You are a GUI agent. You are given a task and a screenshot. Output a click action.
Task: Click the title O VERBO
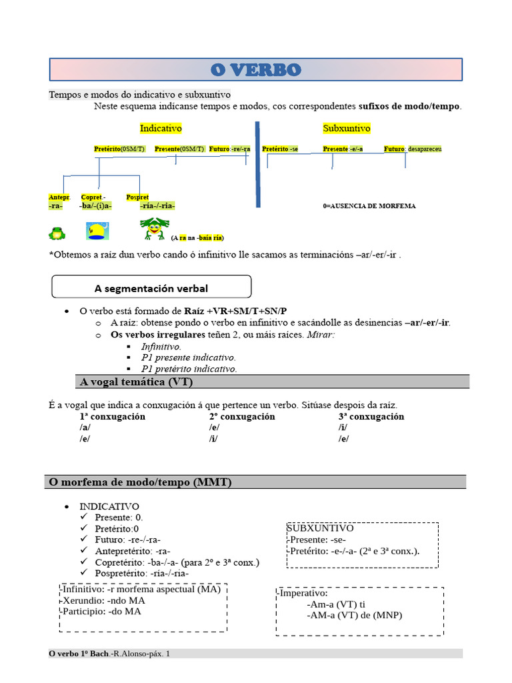256,69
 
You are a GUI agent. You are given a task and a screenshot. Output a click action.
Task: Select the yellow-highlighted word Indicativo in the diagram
161,128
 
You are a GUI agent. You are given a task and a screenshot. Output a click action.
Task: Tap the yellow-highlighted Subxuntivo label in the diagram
347,128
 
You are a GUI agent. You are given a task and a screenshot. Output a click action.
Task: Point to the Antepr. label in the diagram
59,197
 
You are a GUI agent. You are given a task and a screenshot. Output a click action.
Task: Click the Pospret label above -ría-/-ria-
137,197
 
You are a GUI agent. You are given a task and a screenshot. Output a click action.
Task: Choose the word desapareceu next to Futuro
425,149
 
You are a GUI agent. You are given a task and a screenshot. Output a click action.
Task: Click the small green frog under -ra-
56,233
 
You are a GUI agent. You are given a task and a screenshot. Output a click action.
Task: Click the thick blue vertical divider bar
258,164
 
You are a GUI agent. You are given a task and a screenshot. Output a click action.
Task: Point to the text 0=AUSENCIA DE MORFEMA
369,206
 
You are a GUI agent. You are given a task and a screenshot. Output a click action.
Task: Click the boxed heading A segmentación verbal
151,288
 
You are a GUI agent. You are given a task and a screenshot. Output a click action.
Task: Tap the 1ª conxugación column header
112,416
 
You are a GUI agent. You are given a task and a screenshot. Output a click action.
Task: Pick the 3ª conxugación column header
371,416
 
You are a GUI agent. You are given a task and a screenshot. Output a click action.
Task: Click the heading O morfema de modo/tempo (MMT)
141,482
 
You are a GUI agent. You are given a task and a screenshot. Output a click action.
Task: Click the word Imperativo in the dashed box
303,592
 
